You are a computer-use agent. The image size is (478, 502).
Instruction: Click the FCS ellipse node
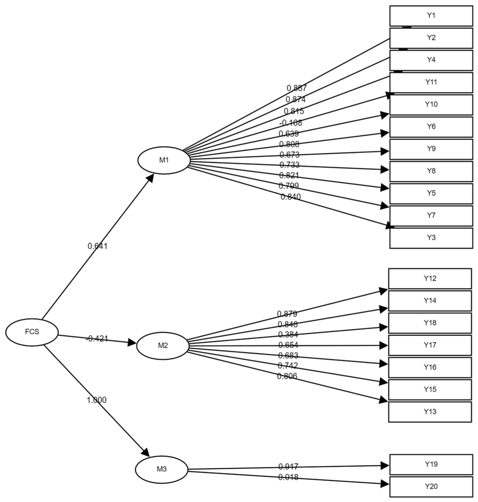[32, 332]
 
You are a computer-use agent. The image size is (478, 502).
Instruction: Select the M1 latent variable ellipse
[164, 160]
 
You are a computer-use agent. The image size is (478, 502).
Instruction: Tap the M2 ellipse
[163, 346]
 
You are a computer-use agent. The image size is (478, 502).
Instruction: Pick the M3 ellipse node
[161, 469]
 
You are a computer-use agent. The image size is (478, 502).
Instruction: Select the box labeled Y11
[431, 83]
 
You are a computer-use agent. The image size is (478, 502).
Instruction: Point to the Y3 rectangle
[431, 238]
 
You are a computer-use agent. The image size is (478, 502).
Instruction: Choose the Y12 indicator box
[430, 278]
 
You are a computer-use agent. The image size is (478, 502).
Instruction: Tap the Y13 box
[430, 412]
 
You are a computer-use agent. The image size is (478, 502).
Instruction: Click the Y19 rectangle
[431, 464]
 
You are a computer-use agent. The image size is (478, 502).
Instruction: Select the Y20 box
[431, 487]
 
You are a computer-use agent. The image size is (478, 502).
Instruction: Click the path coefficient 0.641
[98, 246]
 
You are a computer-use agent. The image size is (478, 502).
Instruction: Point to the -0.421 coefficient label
[97, 339]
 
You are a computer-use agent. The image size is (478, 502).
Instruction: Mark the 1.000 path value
[97, 400]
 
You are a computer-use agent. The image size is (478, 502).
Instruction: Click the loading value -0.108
[291, 123]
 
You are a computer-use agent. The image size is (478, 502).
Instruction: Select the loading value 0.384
[288, 334]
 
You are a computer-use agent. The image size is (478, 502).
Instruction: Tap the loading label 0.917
[288, 467]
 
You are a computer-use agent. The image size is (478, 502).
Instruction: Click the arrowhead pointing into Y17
[384, 346]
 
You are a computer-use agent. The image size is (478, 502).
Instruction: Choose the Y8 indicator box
[431, 171]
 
